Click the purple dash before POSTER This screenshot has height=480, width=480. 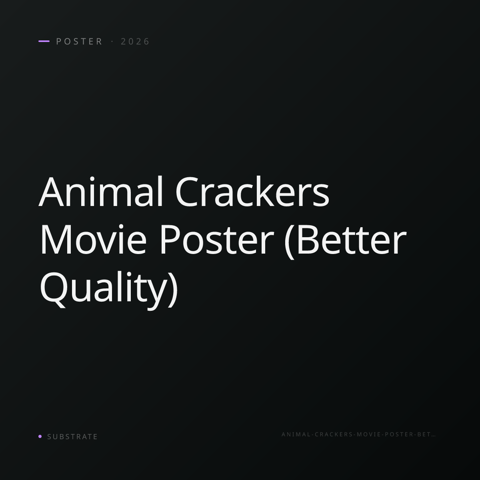click(44, 41)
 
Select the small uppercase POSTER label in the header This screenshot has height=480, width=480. click(79, 41)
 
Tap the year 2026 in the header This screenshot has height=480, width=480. click(135, 41)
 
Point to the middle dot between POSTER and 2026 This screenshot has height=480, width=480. click(112, 41)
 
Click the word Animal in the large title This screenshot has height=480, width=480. click(101, 192)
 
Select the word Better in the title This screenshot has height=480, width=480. click(351, 240)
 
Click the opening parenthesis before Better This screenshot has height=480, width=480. click(289, 241)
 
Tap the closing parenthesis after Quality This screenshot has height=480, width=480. click(173, 290)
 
